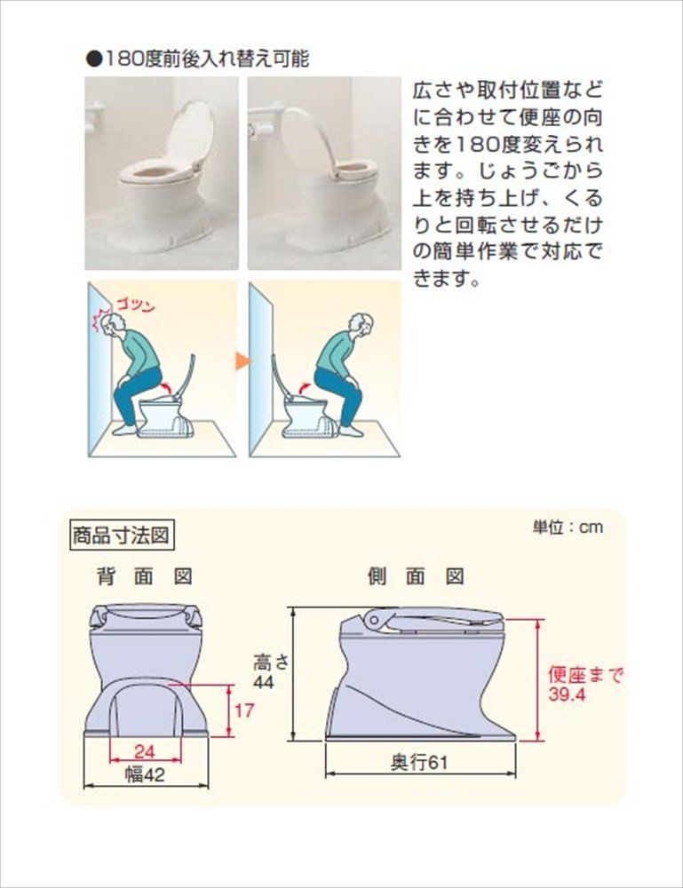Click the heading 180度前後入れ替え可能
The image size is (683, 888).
click(196, 59)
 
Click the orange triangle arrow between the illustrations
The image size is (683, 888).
click(242, 361)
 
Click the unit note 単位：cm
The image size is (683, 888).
click(568, 527)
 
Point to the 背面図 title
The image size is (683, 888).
click(145, 576)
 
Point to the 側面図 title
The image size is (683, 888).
click(417, 576)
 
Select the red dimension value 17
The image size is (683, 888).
click(245, 710)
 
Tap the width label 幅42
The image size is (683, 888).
click(146, 773)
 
